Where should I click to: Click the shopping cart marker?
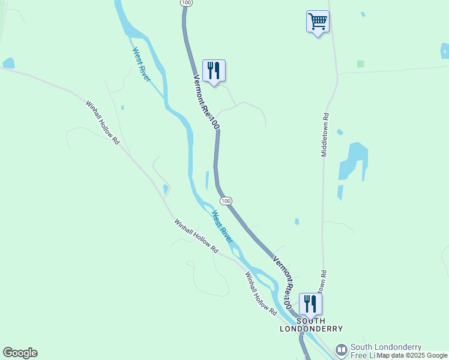pos(318,22)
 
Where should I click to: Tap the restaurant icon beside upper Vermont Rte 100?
pos(214,71)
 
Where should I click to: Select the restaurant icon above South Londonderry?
pos(310,304)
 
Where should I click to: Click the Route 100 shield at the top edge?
pos(186,3)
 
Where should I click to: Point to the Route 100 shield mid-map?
pos(225,200)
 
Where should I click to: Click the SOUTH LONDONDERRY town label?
pos(311,325)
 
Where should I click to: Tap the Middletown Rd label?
pos(325,135)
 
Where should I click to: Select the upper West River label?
pos(141,64)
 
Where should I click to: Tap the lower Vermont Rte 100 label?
pos(283,275)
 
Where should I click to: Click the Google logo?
pos(20,353)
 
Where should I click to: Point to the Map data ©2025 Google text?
pos(412,356)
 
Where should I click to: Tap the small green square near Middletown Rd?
pos(360,64)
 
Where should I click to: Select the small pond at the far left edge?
pos(8,63)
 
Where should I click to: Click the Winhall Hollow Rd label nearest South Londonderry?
pos(261,294)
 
